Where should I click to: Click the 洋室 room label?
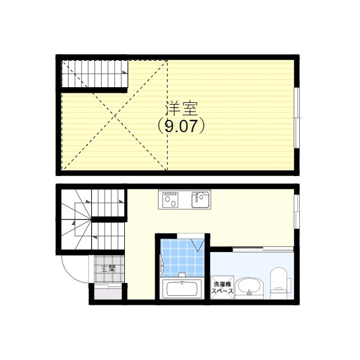pyautogui.click(x=181, y=109)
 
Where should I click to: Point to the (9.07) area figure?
pyautogui.click(x=181, y=126)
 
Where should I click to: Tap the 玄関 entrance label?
pyautogui.click(x=109, y=269)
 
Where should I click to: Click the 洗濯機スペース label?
pyautogui.click(x=222, y=287)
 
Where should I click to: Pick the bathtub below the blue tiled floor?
pyautogui.click(x=182, y=289)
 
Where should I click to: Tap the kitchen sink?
pyautogui.click(x=200, y=200)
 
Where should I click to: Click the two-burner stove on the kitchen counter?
pyautogui.click(x=170, y=200)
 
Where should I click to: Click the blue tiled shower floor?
pyautogui.click(x=182, y=258)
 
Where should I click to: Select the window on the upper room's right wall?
pyautogui.click(x=297, y=118)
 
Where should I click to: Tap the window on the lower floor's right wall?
pyautogui.click(x=297, y=211)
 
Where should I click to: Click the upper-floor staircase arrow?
pyautogui.click(x=125, y=73)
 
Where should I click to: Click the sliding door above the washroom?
pyautogui.click(x=263, y=249)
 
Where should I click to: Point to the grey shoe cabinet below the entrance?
pyautogui.click(x=108, y=293)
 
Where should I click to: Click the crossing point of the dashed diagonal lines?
pyautogui.click(x=115, y=115)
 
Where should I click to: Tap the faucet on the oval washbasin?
pyautogui.click(x=249, y=292)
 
